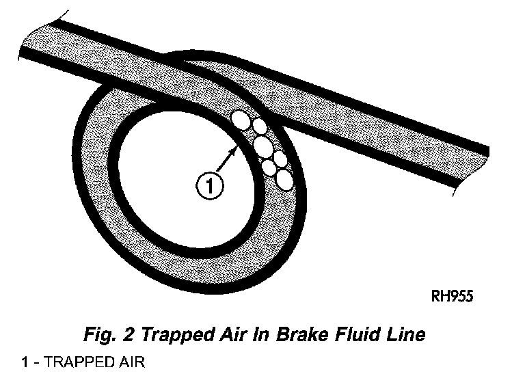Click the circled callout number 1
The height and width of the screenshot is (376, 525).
click(x=210, y=185)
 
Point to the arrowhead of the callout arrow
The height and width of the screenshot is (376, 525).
click(x=236, y=150)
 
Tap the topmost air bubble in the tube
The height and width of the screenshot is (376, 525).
click(x=241, y=120)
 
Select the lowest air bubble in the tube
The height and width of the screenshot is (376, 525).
click(x=284, y=179)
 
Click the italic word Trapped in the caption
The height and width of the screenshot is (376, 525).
click(x=170, y=335)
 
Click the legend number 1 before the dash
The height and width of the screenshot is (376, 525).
click(x=25, y=362)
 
